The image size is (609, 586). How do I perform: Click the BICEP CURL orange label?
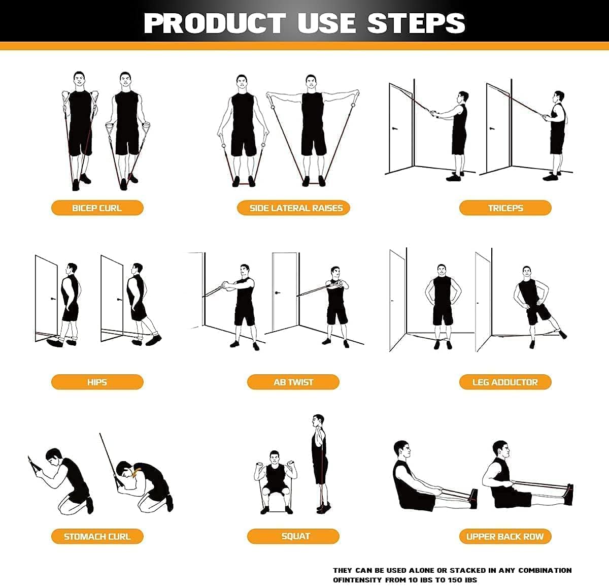pyautogui.click(x=97, y=208)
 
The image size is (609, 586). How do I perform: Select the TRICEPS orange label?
pyautogui.click(x=505, y=208)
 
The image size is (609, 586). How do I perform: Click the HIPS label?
pyautogui.click(x=97, y=382)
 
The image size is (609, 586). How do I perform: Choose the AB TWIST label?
pyautogui.click(x=293, y=382)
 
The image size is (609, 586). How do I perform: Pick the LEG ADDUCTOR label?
pyautogui.click(x=505, y=382)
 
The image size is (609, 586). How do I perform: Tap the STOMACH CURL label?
pyautogui.click(x=97, y=536)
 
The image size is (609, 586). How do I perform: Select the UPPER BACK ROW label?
pyautogui.click(x=505, y=536)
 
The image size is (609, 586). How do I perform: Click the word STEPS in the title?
pyautogui.click(x=416, y=23)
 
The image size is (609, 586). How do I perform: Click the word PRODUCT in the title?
pyautogui.click(x=215, y=23)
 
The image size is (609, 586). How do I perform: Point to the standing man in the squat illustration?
pyautogui.click(x=319, y=462)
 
